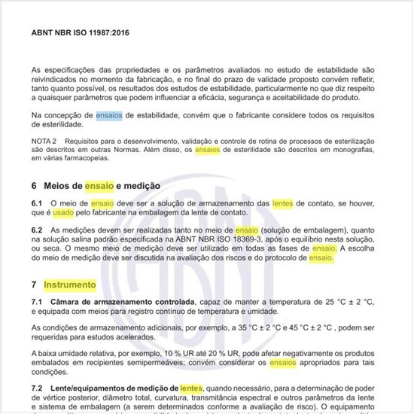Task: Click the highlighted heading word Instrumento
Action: [70, 285]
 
